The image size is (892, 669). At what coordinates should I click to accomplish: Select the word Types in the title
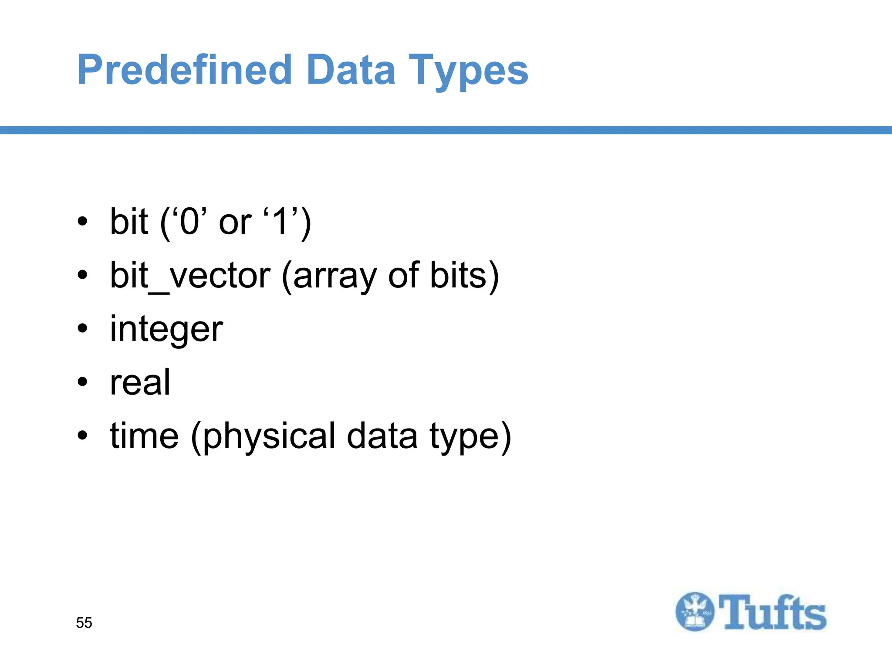468,71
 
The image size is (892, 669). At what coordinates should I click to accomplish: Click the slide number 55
84,623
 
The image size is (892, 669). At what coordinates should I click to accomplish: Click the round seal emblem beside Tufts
695,612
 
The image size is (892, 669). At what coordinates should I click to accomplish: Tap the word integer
166,329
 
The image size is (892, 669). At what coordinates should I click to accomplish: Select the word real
140,382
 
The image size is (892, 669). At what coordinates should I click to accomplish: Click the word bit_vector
190,276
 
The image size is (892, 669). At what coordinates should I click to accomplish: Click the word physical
269,437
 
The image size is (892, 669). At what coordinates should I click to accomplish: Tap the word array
334,277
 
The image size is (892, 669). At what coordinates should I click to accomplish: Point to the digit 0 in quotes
189,222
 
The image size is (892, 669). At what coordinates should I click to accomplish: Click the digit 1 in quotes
280,222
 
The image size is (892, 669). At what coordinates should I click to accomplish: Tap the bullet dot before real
82,382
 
